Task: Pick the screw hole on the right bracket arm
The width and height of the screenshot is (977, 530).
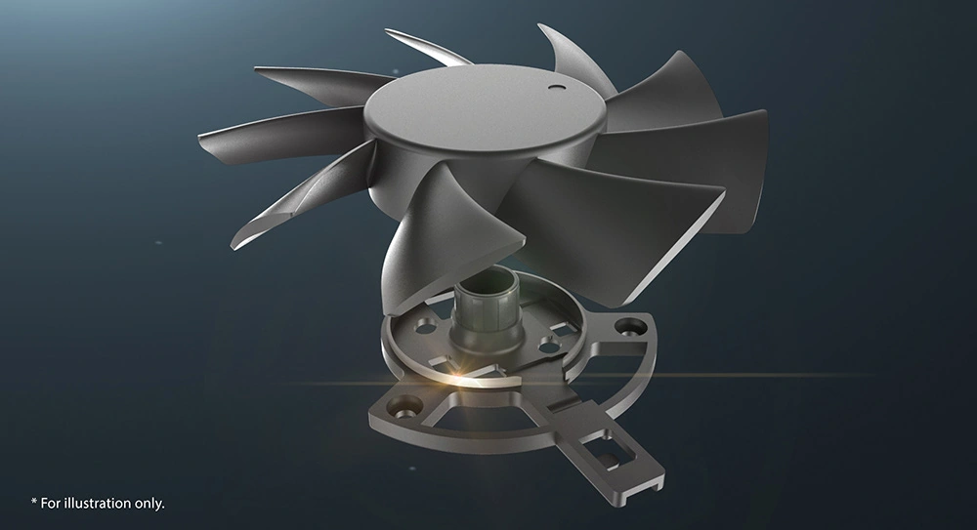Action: (629, 325)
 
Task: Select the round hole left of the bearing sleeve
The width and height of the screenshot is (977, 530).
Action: (428, 325)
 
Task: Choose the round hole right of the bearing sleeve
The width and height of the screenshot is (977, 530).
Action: (548, 344)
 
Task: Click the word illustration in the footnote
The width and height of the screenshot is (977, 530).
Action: (99, 504)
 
